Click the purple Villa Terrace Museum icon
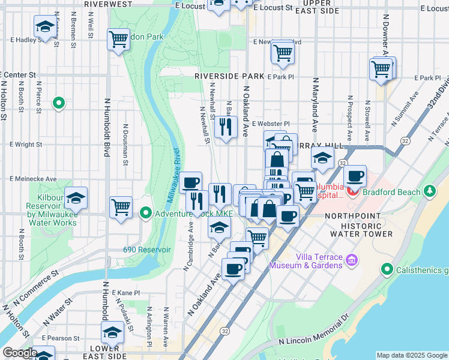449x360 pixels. pos(352,260)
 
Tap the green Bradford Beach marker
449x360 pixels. pos(429,191)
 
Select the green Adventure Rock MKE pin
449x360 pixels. pos(146,213)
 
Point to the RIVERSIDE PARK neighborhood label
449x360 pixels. pos(229,77)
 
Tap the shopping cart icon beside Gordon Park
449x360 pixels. pos(118,39)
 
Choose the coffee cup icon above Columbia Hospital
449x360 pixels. pos(355,176)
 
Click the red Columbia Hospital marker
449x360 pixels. pos(352,193)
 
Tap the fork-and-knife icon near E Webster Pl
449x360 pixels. pos(226,127)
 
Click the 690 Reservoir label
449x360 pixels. pos(147,250)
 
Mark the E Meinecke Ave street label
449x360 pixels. pos(32,179)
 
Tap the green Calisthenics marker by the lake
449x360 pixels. pos(388,269)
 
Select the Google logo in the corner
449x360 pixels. pos(19,353)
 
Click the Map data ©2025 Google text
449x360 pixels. pos(412,355)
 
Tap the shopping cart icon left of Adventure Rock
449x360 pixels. pos(121,207)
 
